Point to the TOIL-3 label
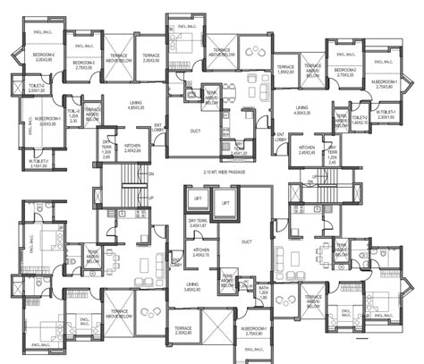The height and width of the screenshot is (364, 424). [75, 113]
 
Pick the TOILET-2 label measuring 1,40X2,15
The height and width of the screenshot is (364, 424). [360, 118]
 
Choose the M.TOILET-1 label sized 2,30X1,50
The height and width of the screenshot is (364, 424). [387, 115]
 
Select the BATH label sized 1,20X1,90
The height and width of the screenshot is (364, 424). [264, 292]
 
